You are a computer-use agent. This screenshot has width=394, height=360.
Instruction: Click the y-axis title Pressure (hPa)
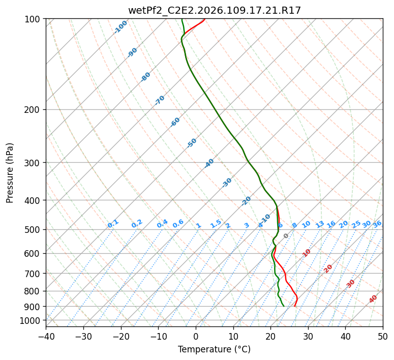tap(10, 172)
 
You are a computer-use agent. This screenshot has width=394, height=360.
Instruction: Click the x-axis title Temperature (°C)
tap(214, 349)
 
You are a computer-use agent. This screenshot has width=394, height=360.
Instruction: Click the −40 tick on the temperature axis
tap(46, 336)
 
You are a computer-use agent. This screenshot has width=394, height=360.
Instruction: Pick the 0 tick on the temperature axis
tap(196, 336)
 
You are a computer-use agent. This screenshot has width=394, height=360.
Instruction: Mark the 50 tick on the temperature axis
tap(383, 336)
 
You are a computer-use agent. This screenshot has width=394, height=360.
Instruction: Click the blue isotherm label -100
tap(120, 26)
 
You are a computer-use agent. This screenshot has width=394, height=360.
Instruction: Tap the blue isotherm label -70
tap(160, 100)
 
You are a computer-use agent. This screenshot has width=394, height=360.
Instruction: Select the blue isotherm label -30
tap(227, 183)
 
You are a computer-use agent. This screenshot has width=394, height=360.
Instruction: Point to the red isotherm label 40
tap(373, 299)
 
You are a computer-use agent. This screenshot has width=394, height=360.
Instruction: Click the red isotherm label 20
tap(328, 268)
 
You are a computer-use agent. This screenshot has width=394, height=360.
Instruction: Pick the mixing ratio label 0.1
tap(113, 224)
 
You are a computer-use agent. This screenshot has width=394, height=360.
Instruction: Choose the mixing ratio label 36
tap(377, 224)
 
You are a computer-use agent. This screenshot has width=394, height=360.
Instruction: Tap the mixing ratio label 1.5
tap(216, 224)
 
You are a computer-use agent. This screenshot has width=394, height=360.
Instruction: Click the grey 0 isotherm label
tap(286, 236)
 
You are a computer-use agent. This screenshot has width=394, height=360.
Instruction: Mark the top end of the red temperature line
tap(204, 19)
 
